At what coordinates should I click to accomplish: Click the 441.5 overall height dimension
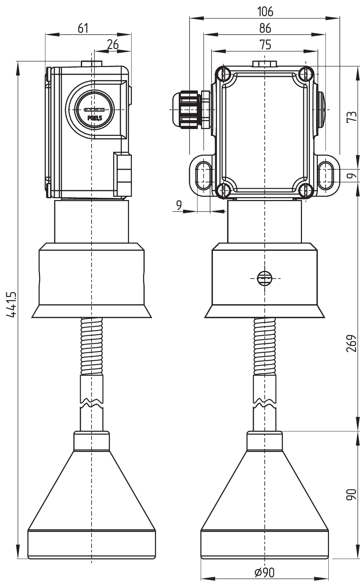12,305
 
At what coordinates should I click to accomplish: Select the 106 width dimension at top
265,12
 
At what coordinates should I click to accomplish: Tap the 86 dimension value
265,28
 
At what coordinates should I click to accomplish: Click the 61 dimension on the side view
83,28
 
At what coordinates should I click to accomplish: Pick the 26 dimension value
113,45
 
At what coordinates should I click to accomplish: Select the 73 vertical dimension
351,117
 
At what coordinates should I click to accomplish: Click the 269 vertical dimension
351,343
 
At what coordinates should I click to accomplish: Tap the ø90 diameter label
264,572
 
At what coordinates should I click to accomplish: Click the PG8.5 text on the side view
95,118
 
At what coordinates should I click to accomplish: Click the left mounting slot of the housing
204,176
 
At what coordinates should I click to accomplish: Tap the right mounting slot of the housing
326,176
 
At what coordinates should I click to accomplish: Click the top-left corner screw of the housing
224,75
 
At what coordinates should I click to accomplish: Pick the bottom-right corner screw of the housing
306,190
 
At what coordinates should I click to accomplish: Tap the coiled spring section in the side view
92,346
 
